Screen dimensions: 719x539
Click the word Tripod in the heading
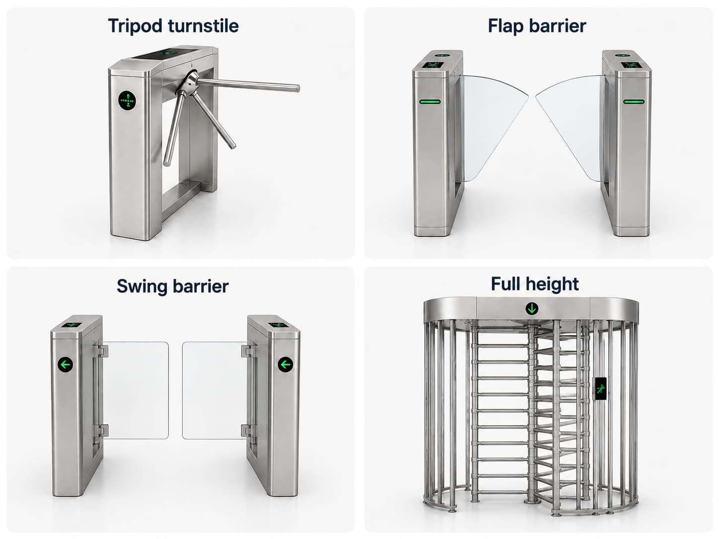pyautogui.click(x=135, y=26)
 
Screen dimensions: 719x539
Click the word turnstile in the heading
pyautogui.click(x=203, y=25)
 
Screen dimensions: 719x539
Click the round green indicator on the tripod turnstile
pyautogui.click(x=127, y=100)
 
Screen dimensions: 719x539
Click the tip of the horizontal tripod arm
pyautogui.click(x=297, y=88)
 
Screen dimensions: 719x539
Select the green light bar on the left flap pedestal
pyautogui.click(x=430, y=101)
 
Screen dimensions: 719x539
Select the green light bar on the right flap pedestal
pyautogui.click(x=634, y=101)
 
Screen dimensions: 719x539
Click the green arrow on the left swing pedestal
pyautogui.click(x=66, y=364)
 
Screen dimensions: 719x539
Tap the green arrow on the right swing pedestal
pyautogui.click(x=286, y=364)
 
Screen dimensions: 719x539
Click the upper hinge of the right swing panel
pyautogui.click(x=247, y=351)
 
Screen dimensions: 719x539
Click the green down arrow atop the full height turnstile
pyautogui.click(x=532, y=308)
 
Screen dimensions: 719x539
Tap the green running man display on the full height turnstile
pyautogui.click(x=600, y=389)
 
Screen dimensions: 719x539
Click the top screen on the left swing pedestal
pyautogui.click(x=72, y=325)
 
